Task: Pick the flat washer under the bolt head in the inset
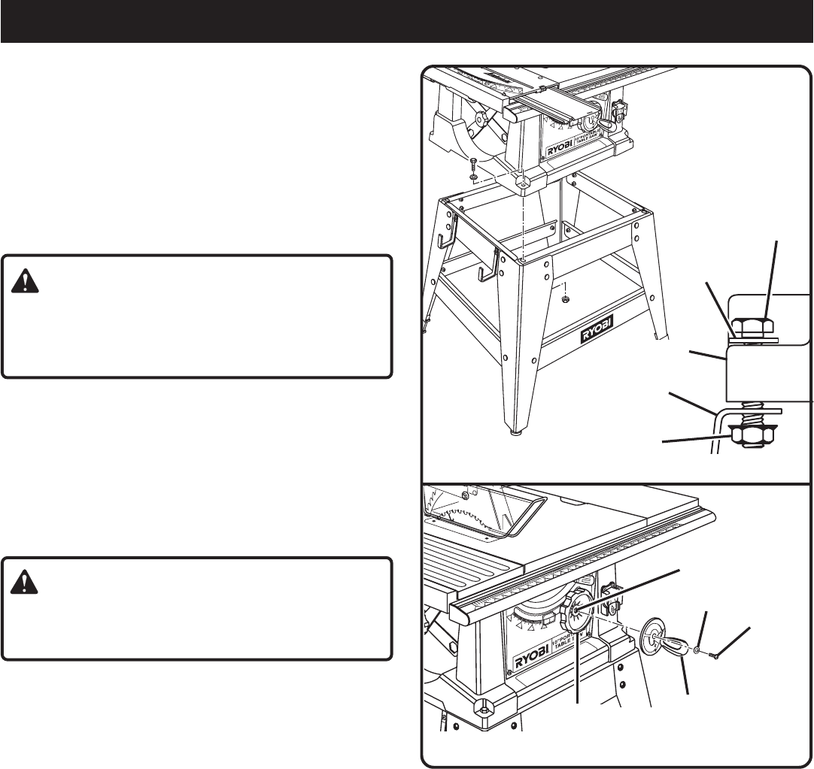point(752,340)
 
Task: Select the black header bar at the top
point(406,21)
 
